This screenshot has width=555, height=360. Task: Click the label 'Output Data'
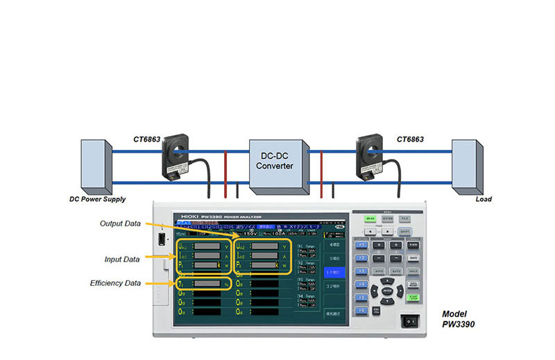[120, 224]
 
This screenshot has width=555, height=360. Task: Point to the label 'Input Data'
[121, 259]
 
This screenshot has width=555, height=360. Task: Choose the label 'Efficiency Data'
[115, 283]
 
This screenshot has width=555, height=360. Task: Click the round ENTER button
[387, 291]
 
